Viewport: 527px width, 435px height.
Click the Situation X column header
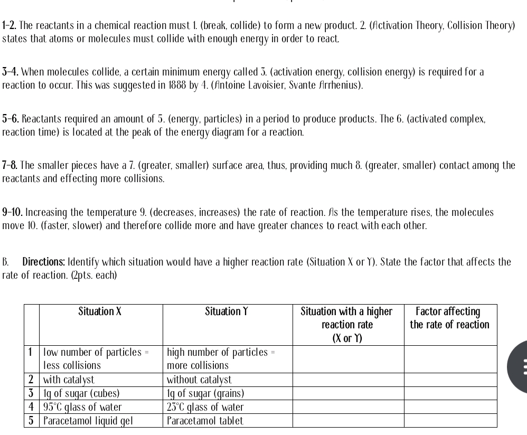100,311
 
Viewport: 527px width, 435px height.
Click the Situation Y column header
227,311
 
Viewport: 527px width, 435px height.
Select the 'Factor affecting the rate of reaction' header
450,318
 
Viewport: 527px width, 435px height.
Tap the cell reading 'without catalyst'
199,379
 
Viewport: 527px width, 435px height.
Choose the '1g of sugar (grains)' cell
205,393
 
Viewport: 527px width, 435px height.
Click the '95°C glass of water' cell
82,407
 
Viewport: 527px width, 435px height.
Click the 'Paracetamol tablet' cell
205,421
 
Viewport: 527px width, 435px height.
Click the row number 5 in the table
32,421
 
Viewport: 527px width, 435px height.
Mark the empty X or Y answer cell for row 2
348,379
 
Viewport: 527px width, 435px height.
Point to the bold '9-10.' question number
13,213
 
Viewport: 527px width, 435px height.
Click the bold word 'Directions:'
44,262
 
